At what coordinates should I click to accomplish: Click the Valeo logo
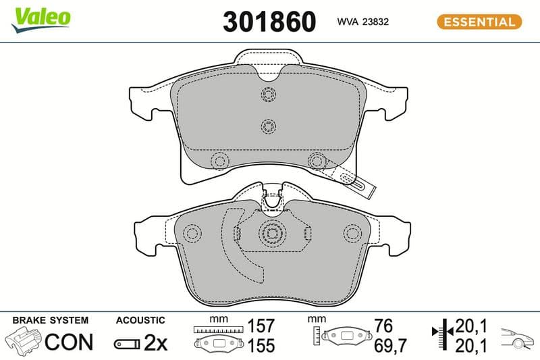(41, 20)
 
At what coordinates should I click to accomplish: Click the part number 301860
(269, 22)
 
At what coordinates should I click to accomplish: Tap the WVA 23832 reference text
(363, 22)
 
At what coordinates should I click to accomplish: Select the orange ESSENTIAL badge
(479, 22)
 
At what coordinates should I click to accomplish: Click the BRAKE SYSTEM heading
(50, 320)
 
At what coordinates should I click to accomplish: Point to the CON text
(69, 342)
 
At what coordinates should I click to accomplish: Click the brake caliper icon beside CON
(24, 340)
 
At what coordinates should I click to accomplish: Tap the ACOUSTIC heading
(140, 320)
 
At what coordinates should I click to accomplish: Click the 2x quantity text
(155, 342)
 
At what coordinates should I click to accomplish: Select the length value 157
(261, 326)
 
